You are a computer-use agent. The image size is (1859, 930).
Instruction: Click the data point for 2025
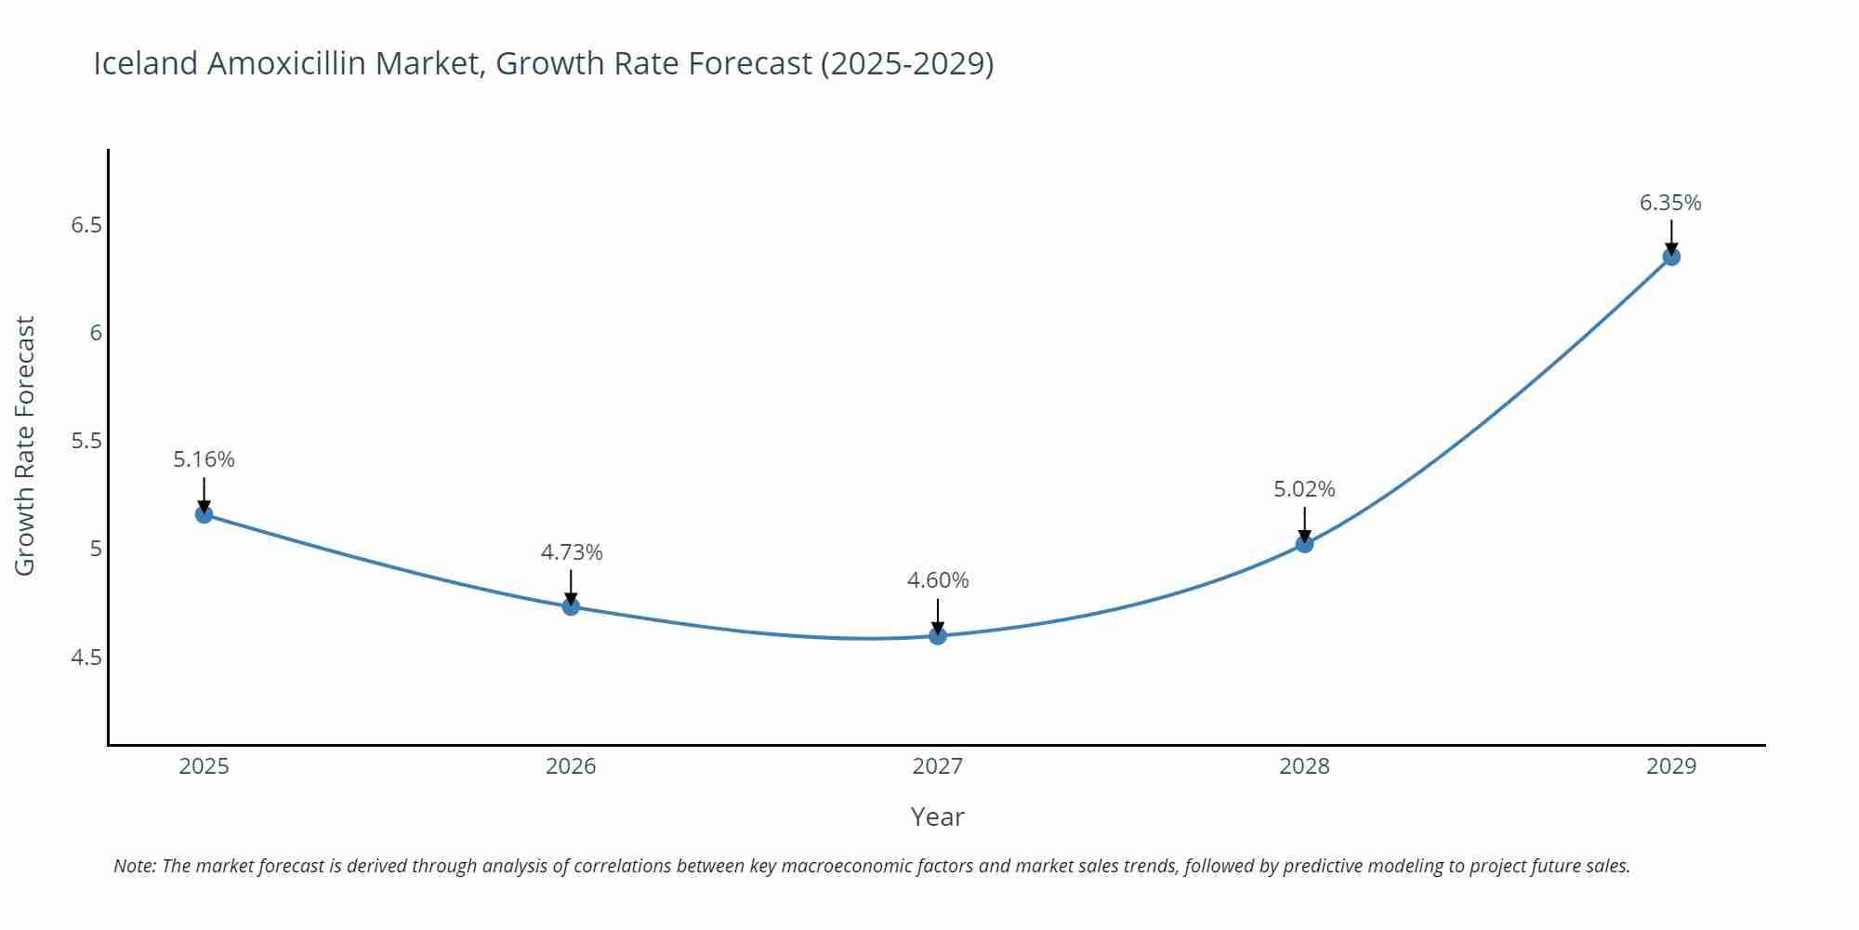[204, 514]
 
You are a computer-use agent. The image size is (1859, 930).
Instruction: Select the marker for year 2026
[571, 606]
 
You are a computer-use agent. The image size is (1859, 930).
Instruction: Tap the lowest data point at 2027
[938, 636]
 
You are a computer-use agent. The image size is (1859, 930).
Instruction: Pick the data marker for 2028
[1304, 544]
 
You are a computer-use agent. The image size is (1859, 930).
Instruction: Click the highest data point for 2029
[1671, 257]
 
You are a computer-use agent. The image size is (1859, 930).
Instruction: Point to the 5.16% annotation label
[204, 459]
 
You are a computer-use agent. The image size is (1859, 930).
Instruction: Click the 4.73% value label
[572, 552]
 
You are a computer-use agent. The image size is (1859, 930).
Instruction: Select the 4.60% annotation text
[938, 580]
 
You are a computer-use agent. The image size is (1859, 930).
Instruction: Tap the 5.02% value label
[1304, 489]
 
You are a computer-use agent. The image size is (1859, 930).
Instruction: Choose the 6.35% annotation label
[1670, 203]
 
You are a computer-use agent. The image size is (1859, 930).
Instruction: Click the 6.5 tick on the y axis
[86, 225]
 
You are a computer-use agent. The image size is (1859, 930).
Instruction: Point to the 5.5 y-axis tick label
[86, 441]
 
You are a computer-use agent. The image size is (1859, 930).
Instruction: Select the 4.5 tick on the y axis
[86, 658]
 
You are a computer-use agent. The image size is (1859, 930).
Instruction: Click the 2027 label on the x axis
[938, 766]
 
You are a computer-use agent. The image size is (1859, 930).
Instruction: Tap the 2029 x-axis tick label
[1671, 766]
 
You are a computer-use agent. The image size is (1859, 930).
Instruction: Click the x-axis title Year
[937, 817]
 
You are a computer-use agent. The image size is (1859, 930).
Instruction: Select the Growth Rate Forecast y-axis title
[25, 445]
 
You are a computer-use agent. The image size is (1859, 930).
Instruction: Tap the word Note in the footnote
[133, 866]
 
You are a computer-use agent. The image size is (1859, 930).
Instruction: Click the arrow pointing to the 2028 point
[1304, 523]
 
